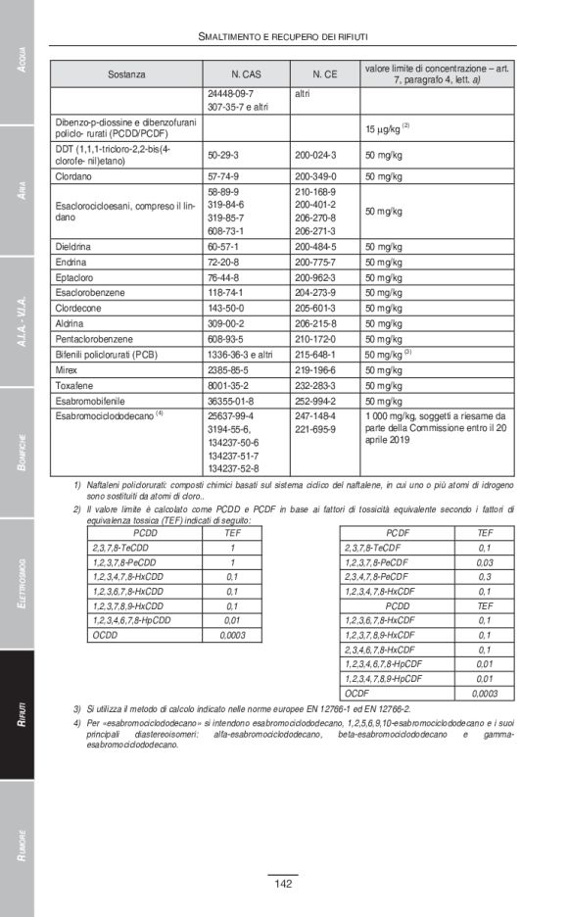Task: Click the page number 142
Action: click(x=283, y=885)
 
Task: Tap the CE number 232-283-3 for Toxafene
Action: click(x=315, y=386)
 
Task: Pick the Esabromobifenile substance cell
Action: click(x=96, y=402)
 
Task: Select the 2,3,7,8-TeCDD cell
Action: click(x=118, y=548)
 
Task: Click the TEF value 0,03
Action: click(x=484, y=562)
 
